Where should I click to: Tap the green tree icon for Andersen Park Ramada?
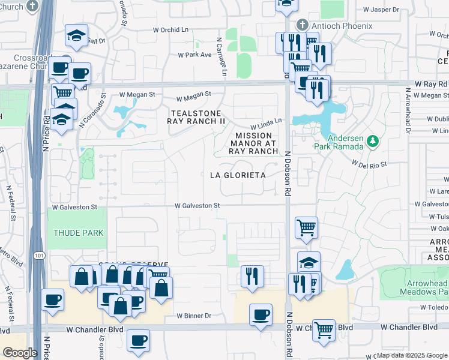373,141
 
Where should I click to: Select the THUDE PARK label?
78,233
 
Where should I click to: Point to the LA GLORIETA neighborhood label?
237,175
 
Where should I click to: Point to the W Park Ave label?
194,55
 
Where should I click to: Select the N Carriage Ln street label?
221,57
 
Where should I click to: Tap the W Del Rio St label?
370,163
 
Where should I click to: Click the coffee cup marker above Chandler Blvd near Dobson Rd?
261,315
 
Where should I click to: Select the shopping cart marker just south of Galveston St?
306,228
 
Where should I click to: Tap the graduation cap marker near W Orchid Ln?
77,35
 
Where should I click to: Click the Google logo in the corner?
20,353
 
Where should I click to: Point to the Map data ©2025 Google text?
412,355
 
